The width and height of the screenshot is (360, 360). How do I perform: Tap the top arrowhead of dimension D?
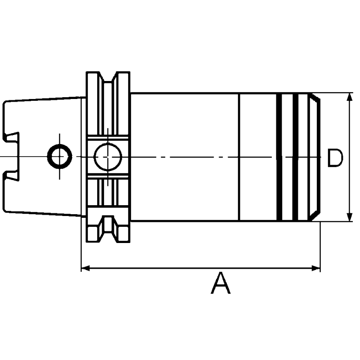[350, 96]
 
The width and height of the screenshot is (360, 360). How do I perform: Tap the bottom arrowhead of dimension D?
[350, 218]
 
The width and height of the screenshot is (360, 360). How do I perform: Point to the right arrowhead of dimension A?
[316, 268]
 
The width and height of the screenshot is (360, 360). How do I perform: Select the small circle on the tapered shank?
[59, 157]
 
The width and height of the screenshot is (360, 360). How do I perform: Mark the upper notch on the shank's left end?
[12, 136]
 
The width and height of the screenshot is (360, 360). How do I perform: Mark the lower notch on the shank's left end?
[12, 175]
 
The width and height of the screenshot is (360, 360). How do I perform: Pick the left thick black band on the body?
[279, 157]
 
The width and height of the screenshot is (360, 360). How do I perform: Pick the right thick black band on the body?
[296, 157]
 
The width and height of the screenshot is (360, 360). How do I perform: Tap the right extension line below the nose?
[320, 247]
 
